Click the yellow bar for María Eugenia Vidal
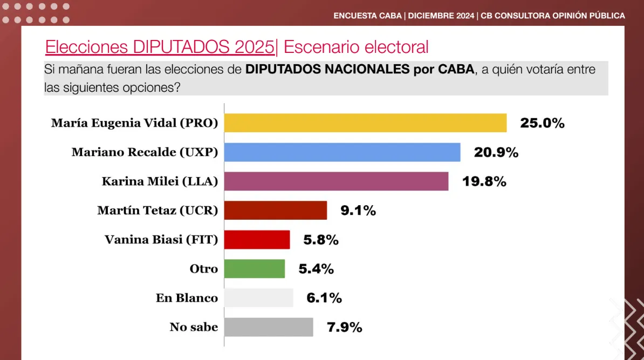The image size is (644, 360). coord(365,123)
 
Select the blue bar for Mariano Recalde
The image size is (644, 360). coord(342,152)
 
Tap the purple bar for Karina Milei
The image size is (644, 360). coord(336,181)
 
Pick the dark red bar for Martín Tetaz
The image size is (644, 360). coord(275,210)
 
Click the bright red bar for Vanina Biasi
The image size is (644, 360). coord(257,240)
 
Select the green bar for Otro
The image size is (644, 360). coord(254,269)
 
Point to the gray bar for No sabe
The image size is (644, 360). coord(269,327)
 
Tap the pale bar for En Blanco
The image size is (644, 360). coord(258,298)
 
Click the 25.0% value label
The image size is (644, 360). coord(542,123)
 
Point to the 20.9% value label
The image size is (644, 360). coord(496,152)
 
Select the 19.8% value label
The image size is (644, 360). coord(484,181)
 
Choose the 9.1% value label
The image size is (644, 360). coord(358,210)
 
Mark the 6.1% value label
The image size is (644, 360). coord(324,298)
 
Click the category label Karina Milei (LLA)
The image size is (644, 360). coord(160,181)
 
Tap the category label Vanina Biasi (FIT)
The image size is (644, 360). coord(161,240)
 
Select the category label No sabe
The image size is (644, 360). coord(194,327)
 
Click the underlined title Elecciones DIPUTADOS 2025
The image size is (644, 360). coord(160,47)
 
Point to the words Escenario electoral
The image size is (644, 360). coord(356,47)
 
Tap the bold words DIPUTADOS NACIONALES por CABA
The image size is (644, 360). coord(360,70)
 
